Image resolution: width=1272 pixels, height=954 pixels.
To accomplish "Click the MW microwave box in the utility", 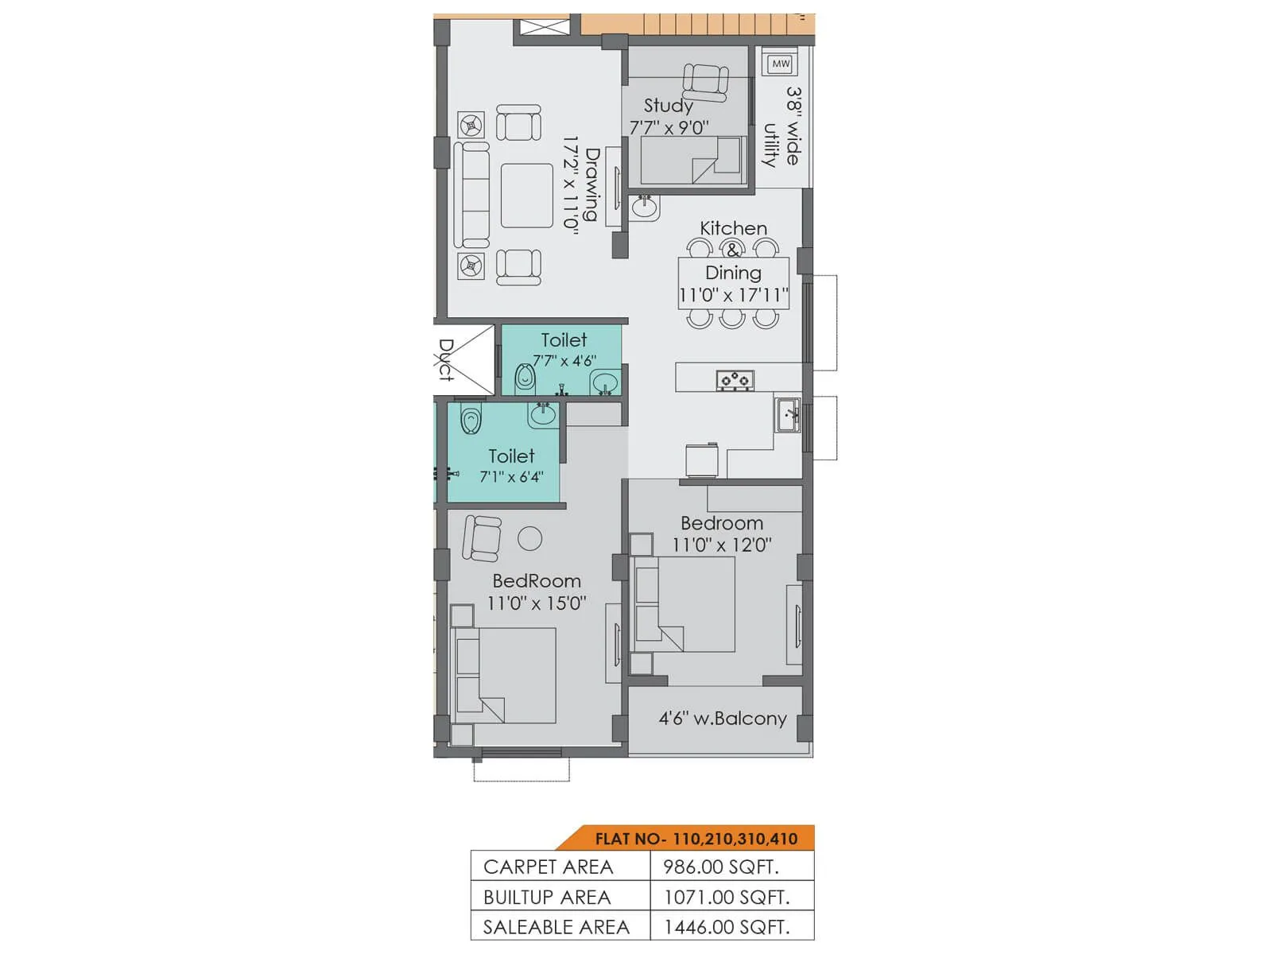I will click(x=781, y=63).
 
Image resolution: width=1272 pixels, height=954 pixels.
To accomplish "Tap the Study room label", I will click(x=668, y=105).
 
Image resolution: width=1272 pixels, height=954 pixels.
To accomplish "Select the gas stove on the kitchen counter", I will click(x=735, y=380).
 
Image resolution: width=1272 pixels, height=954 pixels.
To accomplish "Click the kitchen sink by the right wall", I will click(x=788, y=415).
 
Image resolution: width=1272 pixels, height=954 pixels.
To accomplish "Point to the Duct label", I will click(x=446, y=359).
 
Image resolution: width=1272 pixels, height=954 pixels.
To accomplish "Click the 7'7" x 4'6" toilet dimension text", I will click(x=564, y=361).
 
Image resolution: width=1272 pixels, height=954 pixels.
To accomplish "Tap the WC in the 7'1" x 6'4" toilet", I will click(x=471, y=420).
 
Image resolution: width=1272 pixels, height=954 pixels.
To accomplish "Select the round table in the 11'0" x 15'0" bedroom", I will click(x=529, y=538).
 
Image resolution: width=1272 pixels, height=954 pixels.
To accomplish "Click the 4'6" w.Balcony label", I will click(x=722, y=719).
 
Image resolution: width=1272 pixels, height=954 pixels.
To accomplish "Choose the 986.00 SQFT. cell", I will click(x=720, y=867).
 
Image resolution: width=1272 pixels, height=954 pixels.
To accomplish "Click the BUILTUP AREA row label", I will click(x=547, y=898).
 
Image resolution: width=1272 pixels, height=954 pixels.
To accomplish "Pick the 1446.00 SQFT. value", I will click(x=726, y=927).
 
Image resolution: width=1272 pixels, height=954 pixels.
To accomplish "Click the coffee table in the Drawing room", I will click(x=526, y=196).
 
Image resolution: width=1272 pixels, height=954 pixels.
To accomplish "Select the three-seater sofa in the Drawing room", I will click(x=471, y=196).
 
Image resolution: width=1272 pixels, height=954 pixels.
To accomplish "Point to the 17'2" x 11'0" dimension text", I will click(x=571, y=183).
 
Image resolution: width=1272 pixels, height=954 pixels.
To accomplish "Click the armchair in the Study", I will click(x=705, y=81).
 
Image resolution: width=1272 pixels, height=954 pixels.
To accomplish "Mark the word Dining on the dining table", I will click(x=733, y=273).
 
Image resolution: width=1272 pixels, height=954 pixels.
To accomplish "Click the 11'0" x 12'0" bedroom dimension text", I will click(x=721, y=545).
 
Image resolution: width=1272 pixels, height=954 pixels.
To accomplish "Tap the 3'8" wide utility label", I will click(x=782, y=127).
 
